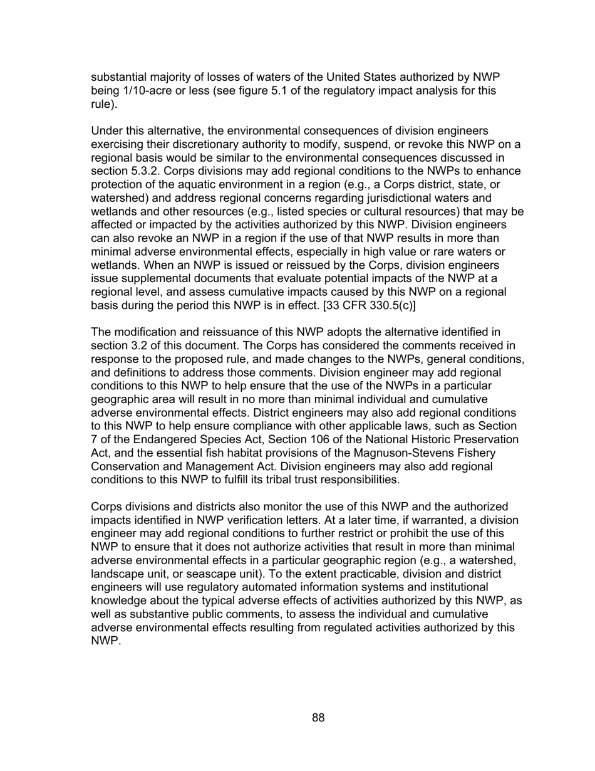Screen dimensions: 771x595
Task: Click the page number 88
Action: click(x=318, y=718)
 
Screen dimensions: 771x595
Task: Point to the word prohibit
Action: click(x=411, y=533)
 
